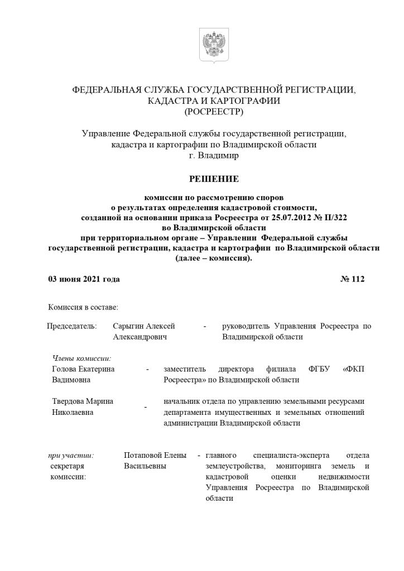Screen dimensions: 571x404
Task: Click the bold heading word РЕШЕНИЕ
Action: (x=214, y=179)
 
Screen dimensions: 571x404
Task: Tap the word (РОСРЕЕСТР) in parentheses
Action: (x=214, y=112)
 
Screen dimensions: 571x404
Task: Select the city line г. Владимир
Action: (x=214, y=156)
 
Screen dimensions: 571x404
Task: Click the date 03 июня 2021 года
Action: (x=84, y=279)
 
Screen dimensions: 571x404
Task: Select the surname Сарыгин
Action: (x=128, y=326)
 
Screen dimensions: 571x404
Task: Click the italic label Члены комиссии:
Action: (x=81, y=358)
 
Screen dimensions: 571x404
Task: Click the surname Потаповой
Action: (x=146, y=455)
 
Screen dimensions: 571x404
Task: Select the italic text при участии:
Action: (x=71, y=455)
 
